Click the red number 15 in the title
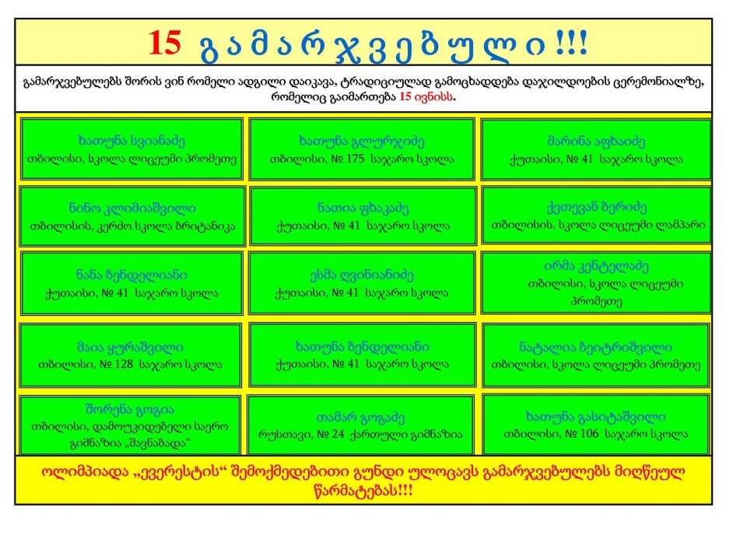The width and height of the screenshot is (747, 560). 164,43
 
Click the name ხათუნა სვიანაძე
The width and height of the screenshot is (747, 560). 132,141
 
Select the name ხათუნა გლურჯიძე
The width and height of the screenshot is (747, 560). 362,142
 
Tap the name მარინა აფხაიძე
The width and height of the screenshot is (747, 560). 596,142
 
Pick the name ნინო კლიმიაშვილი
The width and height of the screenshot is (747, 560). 132,208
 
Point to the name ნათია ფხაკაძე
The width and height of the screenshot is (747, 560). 363,208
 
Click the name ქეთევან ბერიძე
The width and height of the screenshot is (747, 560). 597,208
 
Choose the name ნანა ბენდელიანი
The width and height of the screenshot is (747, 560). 132,275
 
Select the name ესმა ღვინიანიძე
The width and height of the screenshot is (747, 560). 362,275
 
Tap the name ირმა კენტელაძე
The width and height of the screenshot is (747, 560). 596,266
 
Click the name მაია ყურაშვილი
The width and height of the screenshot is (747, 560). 130,347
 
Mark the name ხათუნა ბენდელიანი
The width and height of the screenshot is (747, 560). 362,347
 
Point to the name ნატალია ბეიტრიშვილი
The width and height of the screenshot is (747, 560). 595,347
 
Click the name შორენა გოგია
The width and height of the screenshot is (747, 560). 130,409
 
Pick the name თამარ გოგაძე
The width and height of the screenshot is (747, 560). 360,418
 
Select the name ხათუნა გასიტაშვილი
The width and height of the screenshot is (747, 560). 595,417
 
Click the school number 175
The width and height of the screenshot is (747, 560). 355,159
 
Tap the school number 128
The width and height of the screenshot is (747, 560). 124,365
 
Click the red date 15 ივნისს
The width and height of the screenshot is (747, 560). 426,96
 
